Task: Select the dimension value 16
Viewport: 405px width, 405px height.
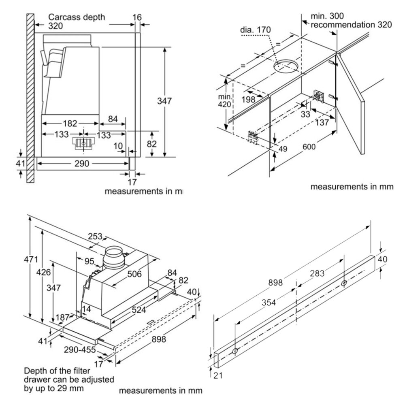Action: pyautogui.click(x=137, y=17)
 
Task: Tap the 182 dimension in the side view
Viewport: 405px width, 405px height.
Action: pyautogui.click(x=70, y=124)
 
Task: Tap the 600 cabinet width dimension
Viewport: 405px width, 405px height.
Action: pyautogui.click(x=309, y=147)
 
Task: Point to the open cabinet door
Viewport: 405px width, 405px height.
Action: pyautogui.click(x=351, y=101)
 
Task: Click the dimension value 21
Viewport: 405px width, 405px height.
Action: pyautogui.click(x=218, y=376)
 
